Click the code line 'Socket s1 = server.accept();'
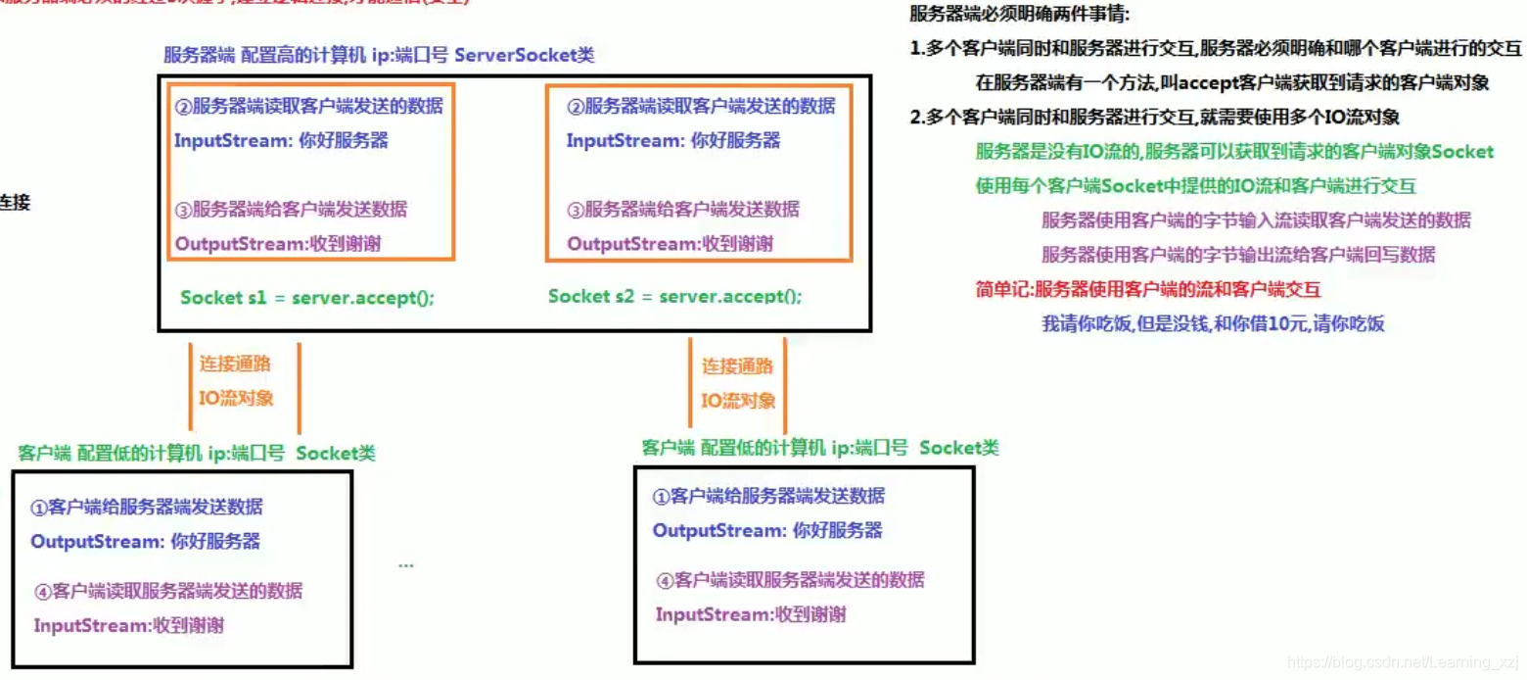click(x=306, y=297)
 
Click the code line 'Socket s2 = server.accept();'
click(x=674, y=296)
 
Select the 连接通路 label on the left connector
click(x=235, y=364)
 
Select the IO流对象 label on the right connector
click(x=738, y=400)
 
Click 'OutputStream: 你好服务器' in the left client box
click(x=146, y=541)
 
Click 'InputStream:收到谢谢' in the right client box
click(x=751, y=614)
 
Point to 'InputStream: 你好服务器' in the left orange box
click(x=281, y=140)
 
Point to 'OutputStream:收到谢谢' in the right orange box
click(x=670, y=243)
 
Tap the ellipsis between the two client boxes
click(x=406, y=565)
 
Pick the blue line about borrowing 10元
click(x=1213, y=323)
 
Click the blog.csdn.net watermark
click(x=1402, y=663)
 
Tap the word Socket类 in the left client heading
click(x=336, y=453)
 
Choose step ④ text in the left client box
click(x=167, y=591)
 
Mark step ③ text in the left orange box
click(x=291, y=209)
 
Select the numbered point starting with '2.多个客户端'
click(x=1154, y=118)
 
